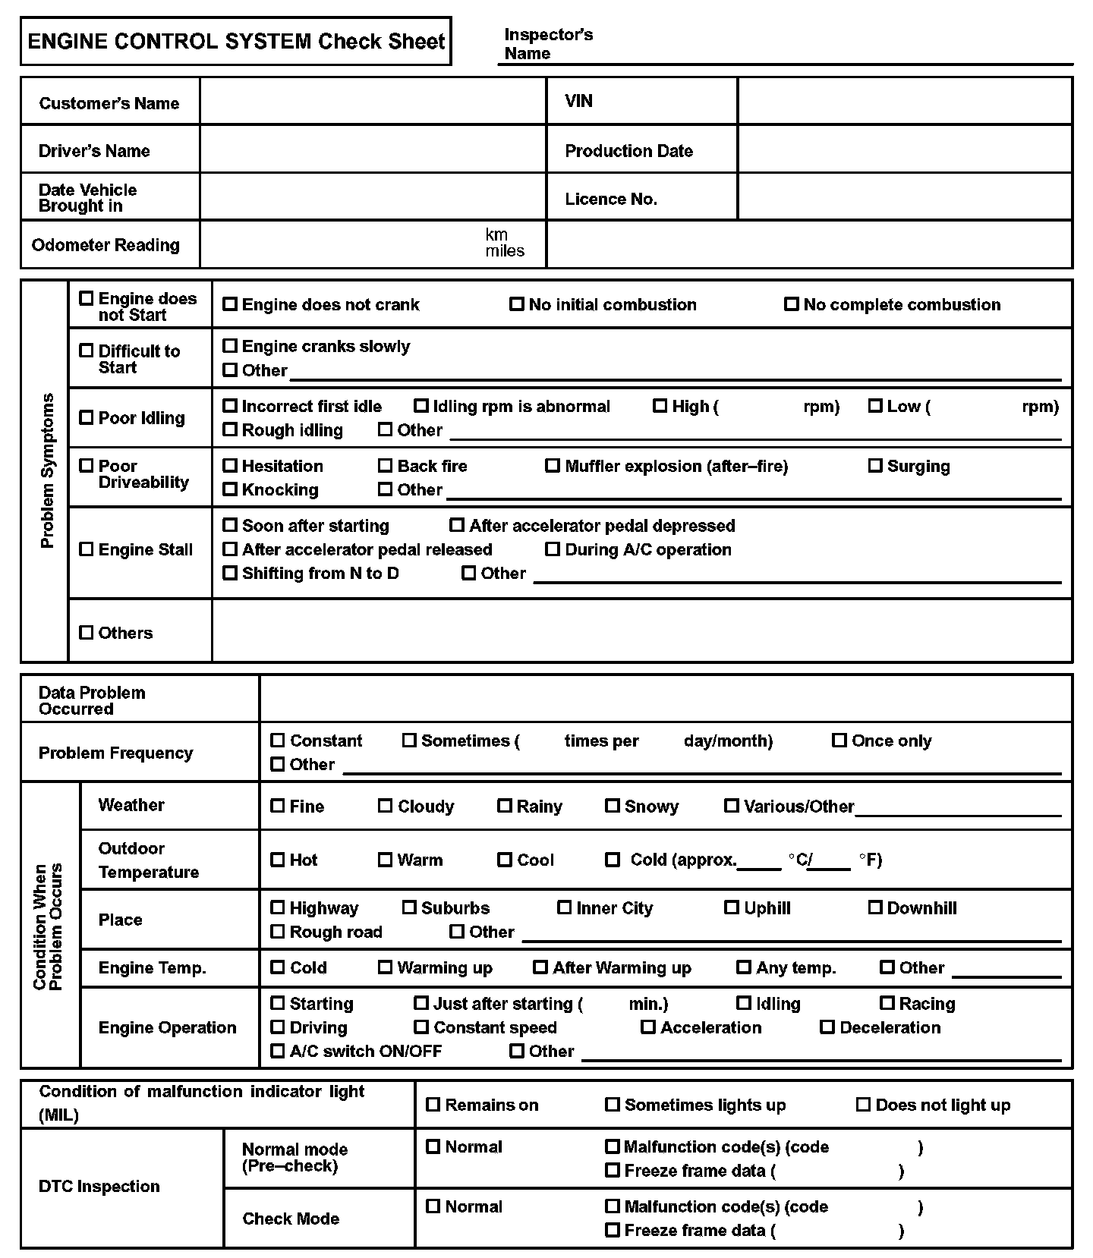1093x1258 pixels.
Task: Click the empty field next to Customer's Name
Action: point(373,102)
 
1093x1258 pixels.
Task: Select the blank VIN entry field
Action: point(904,101)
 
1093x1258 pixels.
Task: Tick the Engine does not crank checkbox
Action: point(229,304)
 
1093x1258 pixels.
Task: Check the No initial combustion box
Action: point(516,304)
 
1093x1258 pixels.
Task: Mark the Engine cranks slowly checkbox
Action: point(229,346)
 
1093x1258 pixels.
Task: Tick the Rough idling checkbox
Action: point(229,429)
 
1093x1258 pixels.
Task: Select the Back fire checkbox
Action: point(385,466)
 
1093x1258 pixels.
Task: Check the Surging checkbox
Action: point(875,466)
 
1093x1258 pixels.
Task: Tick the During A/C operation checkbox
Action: point(553,549)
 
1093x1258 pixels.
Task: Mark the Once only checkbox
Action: point(839,741)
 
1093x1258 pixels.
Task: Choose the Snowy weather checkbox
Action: point(612,806)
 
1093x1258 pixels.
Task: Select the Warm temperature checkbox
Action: point(385,860)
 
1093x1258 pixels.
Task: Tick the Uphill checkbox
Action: point(731,907)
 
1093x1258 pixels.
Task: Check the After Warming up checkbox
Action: point(540,967)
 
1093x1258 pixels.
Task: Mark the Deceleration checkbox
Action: point(827,1027)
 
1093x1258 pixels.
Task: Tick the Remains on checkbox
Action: point(433,1105)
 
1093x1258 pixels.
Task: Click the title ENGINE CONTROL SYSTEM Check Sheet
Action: point(236,41)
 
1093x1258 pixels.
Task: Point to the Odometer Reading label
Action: point(106,245)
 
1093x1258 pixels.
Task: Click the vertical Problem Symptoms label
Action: point(47,470)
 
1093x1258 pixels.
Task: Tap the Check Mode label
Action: point(291,1219)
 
